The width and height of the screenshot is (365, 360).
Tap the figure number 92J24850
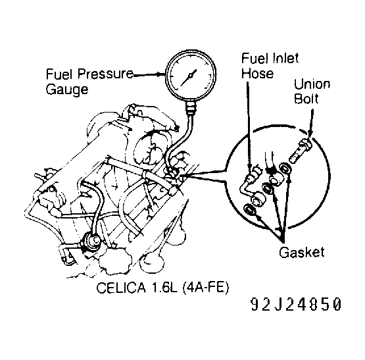[296, 306]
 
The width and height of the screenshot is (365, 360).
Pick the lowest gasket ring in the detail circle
[251, 211]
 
